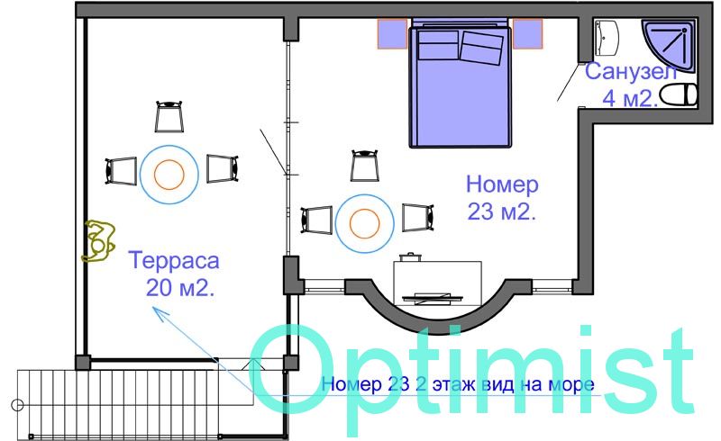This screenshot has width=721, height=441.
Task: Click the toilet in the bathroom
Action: [x=679, y=95]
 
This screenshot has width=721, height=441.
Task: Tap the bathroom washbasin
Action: [x=607, y=38]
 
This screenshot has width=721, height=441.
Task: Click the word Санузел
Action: [x=631, y=72]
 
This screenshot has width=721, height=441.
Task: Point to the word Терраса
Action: [x=174, y=260]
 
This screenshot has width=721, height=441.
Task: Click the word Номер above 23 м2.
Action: [x=502, y=184]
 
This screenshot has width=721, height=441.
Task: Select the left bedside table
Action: [x=393, y=33]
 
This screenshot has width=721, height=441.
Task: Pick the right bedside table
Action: [x=527, y=33]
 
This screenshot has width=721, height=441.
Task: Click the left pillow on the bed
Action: [x=439, y=45]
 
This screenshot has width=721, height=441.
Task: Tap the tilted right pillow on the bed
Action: [x=481, y=48]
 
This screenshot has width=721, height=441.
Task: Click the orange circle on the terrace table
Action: [x=169, y=175]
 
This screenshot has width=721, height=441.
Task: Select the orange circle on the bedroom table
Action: [x=365, y=224]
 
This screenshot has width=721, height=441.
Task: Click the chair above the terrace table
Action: [x=169, y=116]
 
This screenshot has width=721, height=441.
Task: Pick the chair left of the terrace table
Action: [x=121, y=171]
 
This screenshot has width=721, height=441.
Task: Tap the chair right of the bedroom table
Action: [x=418, y=217]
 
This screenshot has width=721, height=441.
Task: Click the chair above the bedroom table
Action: [x=365, y=166]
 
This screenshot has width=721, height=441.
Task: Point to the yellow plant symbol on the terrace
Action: [x=98, y=241]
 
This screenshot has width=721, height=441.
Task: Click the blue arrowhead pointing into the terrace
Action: [x=160, y=312]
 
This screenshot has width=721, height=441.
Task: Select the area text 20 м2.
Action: [x=180, y=288]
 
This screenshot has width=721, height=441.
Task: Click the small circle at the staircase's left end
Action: [x=17, y=405]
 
